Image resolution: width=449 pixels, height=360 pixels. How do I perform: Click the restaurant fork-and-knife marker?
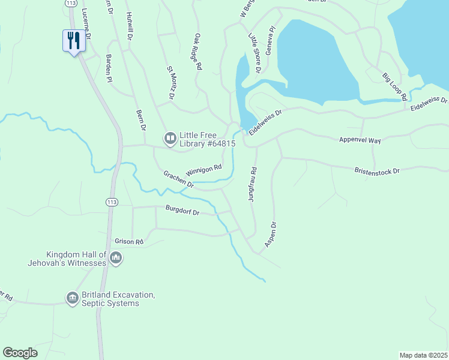click(73, 41)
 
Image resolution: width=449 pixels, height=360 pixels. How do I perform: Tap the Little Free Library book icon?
click(170, 139)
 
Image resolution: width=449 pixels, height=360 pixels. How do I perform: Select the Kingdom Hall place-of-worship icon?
click(116, 259)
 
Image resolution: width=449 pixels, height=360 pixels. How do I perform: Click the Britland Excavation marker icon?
click(72, 298)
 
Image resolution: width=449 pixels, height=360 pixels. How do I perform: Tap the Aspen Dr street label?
click(270, 235)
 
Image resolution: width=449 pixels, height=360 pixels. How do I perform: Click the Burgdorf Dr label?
click(182, 209)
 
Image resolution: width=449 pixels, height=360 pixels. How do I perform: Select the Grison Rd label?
click(129, 242)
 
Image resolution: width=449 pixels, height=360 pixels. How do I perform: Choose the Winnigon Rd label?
click(204, 171)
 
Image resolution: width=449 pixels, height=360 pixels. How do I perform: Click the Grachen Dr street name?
click(178, 179)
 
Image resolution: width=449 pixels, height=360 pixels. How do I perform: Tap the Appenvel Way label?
click(358, 139)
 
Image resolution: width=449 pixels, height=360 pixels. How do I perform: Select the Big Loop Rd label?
click(395, 86)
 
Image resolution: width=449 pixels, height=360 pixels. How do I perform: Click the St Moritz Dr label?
click(170, 83)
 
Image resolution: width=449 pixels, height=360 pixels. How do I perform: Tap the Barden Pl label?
click(109, 67)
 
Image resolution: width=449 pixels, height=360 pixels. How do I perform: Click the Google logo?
click(20, 353)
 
